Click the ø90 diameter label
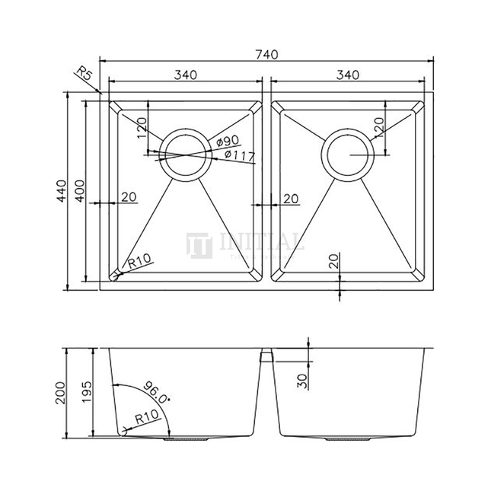coord(228,142)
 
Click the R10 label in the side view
coord(146,416)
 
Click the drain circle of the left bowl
coord(184,155)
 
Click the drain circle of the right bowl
coord(348,155)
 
